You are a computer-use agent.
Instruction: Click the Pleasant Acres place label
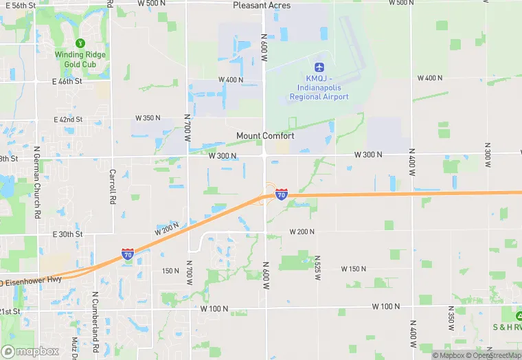pyautogui.click(x=262, y=5)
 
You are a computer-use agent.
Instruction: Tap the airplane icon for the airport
pyautogui.click(x=319, y=67)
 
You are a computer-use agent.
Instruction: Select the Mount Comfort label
pyautogui.click(x=265, y=136)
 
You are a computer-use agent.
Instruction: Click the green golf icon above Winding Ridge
pyautogui.click(x=80, y=43)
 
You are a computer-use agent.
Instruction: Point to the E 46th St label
pyautogui.click(x=67, y=81)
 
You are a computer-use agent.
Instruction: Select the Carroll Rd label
pyautogui.click(x=112, y=187)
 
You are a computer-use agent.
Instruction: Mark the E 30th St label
pyautogui.click(x=67, y=234)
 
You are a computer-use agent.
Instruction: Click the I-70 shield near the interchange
pyautogui.click(x=282, y=194)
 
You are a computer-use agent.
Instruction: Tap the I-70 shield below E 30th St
pyautogui.click(x=128, y=254)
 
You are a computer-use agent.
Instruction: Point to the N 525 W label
pyautogui.click(x=318, y=269)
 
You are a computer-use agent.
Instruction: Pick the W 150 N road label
pyautogui.click(x=354, y=269)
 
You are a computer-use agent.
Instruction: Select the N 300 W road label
pyautogui.click(x=486, y=157)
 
